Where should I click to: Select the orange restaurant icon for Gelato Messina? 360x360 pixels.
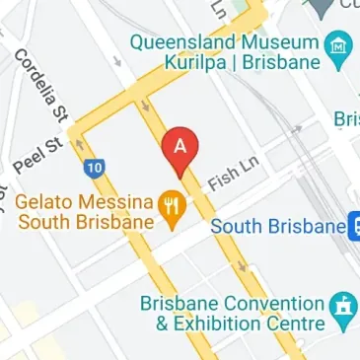(x=174, y=205)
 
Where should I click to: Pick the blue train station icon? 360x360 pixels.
(x=355, y=227)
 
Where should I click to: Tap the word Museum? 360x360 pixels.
(x=281, y=42)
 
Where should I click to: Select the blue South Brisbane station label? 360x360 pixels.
(x=278, y=227)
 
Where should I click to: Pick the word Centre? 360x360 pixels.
(x=295, y=324)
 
